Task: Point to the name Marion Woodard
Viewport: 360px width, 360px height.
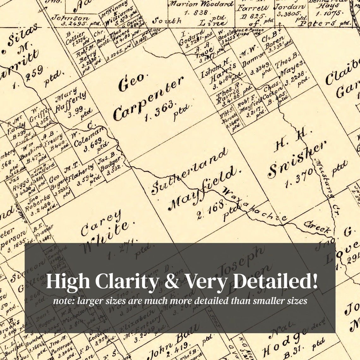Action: coord(201,4)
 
